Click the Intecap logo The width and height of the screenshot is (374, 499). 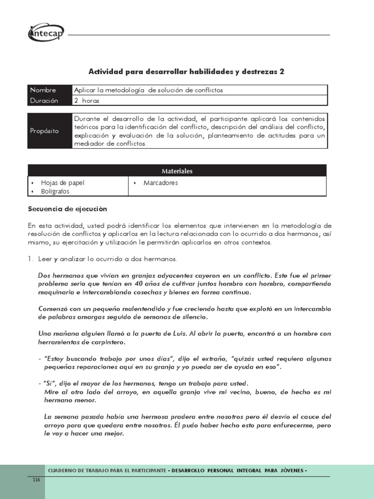[x=46, y=33]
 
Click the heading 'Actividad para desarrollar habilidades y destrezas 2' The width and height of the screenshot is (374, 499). [x=186, y=72]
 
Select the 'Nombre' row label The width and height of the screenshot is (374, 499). [x=43, y=90]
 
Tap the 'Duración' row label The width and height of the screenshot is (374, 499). [x=44, y=100]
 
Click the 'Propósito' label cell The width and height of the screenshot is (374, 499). [x=44, y=131]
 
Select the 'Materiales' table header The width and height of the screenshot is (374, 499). [x=177, y=171]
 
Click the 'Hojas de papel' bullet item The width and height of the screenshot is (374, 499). [x=63, y=183]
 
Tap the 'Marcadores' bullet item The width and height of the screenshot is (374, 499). [x=161, y=183]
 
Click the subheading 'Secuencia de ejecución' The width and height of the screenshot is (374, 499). [x=67, y=209]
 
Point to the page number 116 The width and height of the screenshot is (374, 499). [x=36, y=480]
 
